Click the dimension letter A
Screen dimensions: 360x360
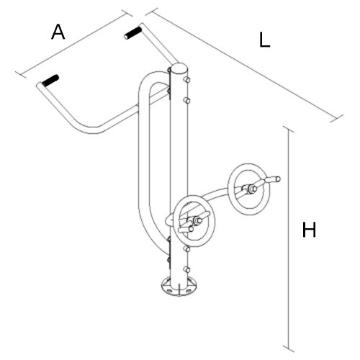[x=58, y=32]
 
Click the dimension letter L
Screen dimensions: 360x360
[x=264, y=40]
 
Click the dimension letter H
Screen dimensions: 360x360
[x=309, y=230]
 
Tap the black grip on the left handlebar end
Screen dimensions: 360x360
[x=50, y=80]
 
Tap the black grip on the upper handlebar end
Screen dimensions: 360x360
[x=132, y=33]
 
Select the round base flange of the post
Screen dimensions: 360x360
[x=179, y=286]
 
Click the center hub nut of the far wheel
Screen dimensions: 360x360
[x=252, y=189]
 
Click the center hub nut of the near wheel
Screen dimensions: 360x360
[x=198, y=220]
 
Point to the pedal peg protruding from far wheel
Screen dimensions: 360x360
[x=272, y=179]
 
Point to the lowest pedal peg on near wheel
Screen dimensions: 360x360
[x=186, y=230]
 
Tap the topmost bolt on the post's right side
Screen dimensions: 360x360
[x=186, y=80]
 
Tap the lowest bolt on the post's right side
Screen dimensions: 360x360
[x=187, y=269]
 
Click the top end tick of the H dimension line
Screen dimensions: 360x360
[x=288, y=129]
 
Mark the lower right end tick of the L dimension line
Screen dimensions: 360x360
[x=336, y=119]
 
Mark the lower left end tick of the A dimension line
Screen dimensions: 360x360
[x=21, y=75]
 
